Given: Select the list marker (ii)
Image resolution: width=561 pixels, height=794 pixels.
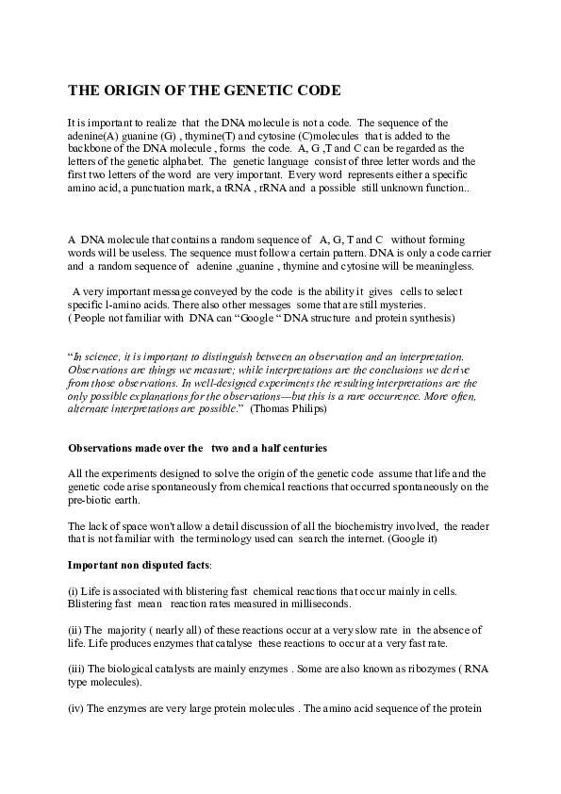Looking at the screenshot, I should tap(75, 629).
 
